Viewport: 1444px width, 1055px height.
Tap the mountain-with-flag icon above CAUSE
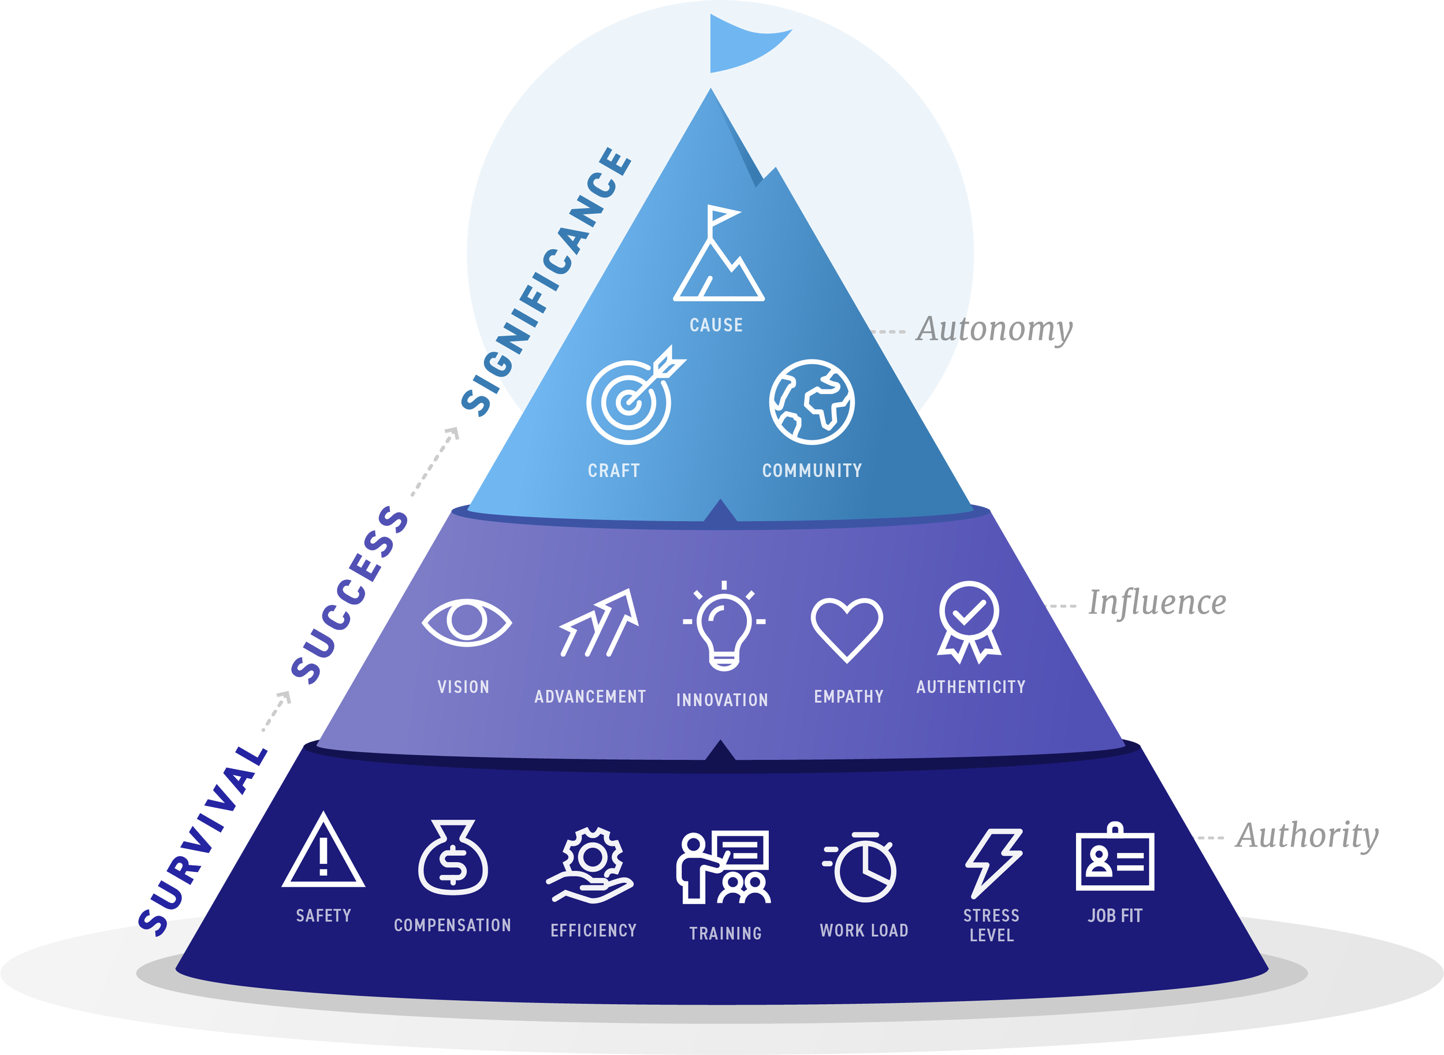(x=718, y=255)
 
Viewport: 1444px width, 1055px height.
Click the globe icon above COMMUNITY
(x=812, y=402)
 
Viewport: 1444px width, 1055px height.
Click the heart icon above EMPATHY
(x=847, y=629)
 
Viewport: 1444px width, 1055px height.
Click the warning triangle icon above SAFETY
(x=323, y=853)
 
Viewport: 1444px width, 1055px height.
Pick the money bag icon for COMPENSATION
(x=453, y=859)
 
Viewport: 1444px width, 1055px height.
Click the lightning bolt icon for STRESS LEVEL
(x=993, y=863)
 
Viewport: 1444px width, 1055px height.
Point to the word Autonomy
(x=995, y=329)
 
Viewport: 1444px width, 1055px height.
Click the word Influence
(x=1157, y=603)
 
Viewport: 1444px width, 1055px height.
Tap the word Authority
(x=1307, y=836)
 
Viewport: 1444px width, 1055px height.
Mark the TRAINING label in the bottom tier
(x=725, y=934)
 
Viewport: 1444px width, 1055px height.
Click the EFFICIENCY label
(x=594, y=930)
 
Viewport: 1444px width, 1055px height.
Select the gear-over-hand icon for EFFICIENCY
(x=591, y=865)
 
